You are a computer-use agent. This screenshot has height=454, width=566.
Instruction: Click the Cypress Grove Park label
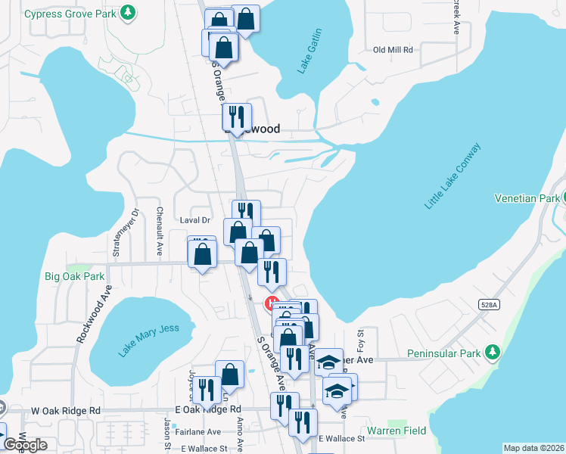[71, 14]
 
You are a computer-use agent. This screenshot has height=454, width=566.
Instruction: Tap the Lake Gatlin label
[310, 51]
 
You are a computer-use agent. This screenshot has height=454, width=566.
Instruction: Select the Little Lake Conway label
[452, 176]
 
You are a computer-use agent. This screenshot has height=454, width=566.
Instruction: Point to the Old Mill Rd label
[393, 50]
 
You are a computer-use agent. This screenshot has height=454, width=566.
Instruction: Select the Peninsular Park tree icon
[493, 353]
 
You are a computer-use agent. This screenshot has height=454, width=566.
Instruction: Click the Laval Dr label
[194, 220]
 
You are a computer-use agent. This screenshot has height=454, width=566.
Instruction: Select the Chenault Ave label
[160, 232]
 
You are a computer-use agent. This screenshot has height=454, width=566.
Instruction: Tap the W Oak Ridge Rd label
[66, 410]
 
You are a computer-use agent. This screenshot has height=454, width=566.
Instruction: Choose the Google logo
[25, 445]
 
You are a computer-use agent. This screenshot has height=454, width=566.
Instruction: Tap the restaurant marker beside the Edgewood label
[237, 117]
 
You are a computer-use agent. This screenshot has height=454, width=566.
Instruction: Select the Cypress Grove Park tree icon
[129, 12]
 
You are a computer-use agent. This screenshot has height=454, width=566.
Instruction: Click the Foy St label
[361, 338]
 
